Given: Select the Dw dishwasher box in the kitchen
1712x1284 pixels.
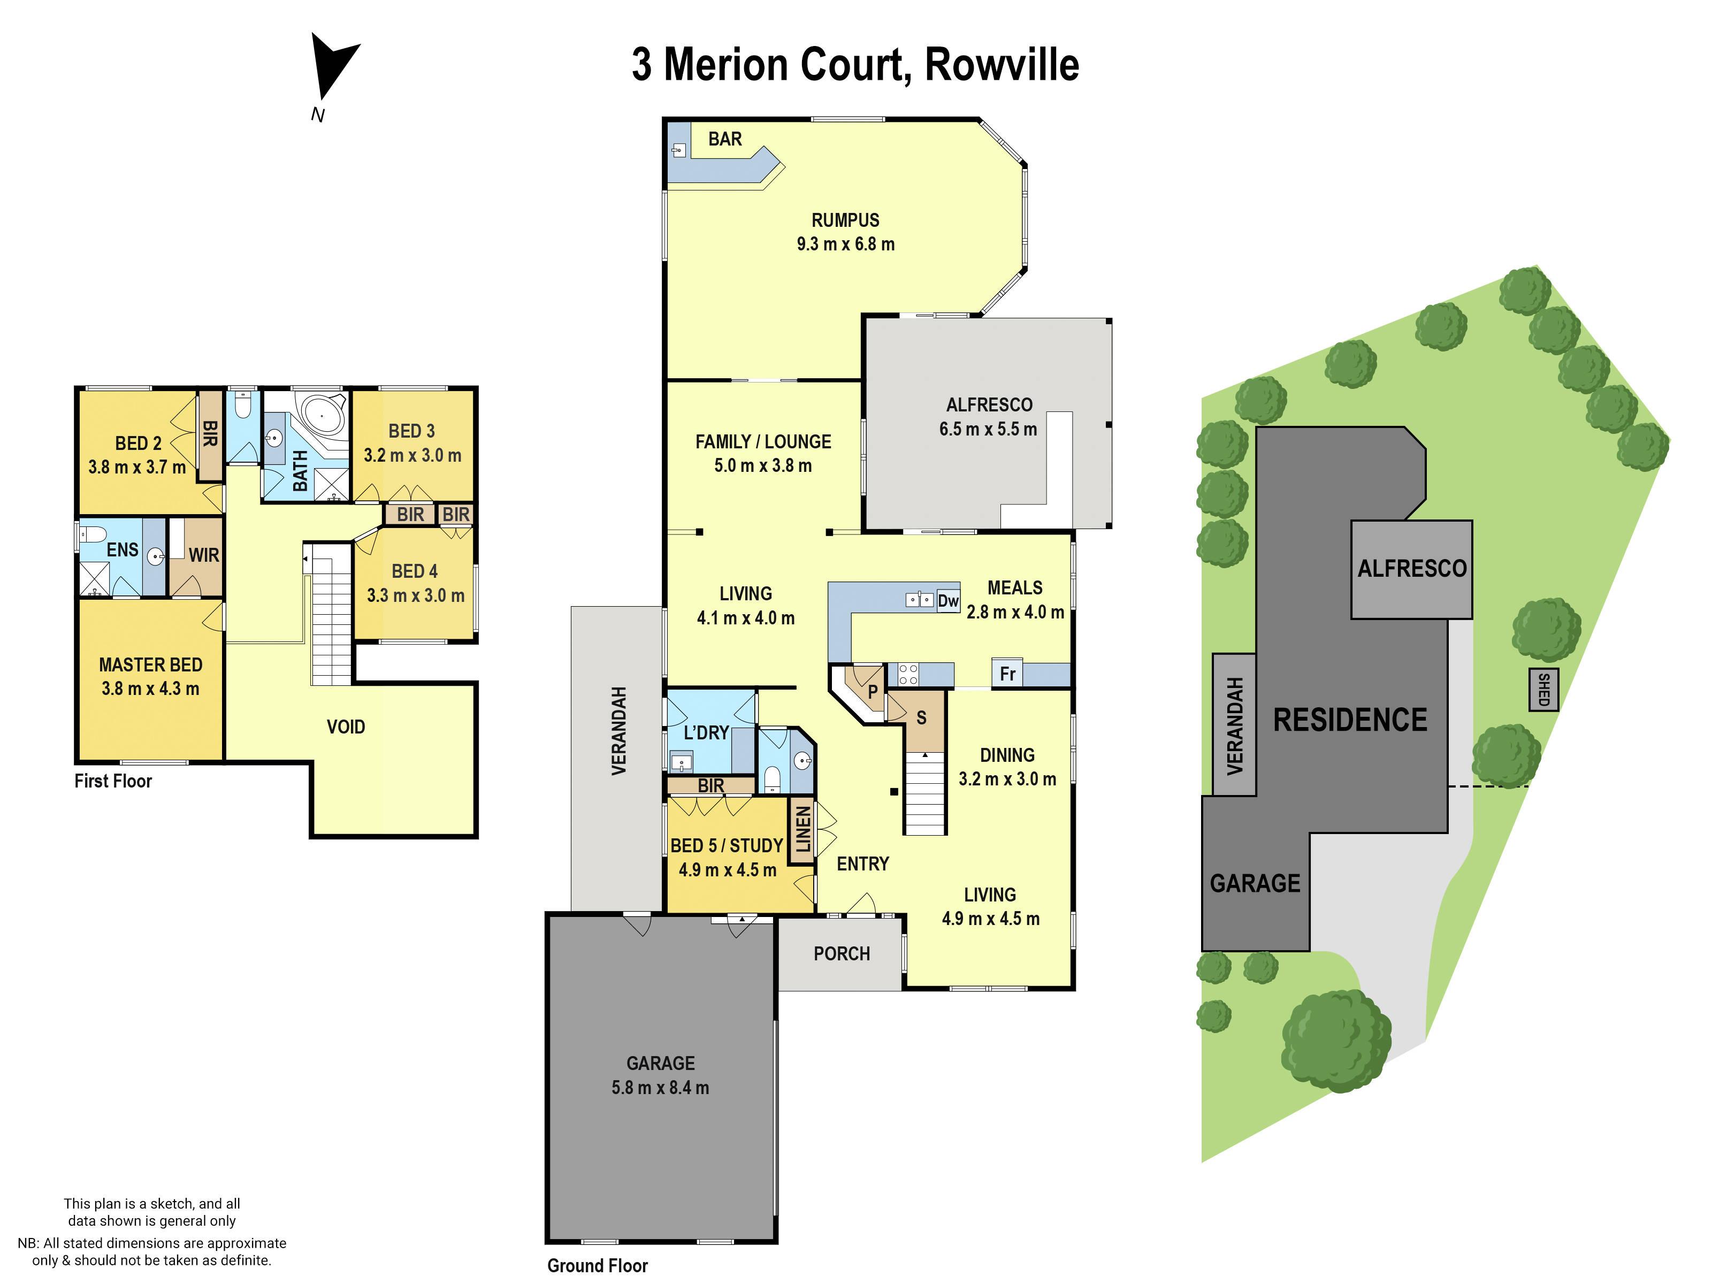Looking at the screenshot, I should [x=947, y=601].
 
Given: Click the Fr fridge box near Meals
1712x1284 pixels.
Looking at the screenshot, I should [x=1007, y=674].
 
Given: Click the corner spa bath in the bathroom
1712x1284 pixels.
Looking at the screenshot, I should [x=324, y=416].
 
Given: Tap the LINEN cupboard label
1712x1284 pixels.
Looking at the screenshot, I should [x=802, y=830].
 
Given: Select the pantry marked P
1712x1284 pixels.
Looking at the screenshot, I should [x=872, y=691].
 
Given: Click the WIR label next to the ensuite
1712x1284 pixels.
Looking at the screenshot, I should [x=203, y=555].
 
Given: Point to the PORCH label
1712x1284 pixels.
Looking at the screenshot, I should [x=842, y=953].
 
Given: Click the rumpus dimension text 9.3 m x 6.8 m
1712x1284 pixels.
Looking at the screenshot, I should [x=845, y=244].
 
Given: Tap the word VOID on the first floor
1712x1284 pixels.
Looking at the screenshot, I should [x=345, y=727].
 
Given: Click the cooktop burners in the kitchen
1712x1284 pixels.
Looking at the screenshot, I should [x=908, y=674].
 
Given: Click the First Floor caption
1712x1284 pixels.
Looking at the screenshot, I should [x=113, y=781].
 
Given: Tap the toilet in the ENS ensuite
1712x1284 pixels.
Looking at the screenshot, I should [x=93, y=534].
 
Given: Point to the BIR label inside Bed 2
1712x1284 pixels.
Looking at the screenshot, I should [x=209, y=433].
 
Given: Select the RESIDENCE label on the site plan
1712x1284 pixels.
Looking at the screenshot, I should [x=1350, y=720].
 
